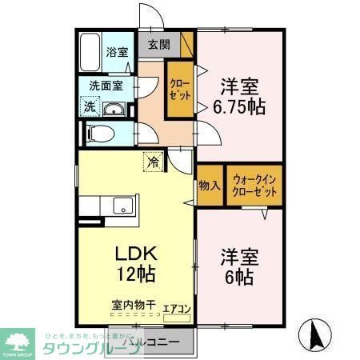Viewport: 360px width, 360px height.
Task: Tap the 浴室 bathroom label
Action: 117,53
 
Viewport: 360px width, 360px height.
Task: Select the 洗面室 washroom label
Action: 105,85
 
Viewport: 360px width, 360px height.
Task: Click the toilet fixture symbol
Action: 102,134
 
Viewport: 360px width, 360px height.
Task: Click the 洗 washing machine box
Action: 90,107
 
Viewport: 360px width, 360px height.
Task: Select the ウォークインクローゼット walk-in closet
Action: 255,185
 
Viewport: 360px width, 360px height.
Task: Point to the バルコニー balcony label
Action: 146,344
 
